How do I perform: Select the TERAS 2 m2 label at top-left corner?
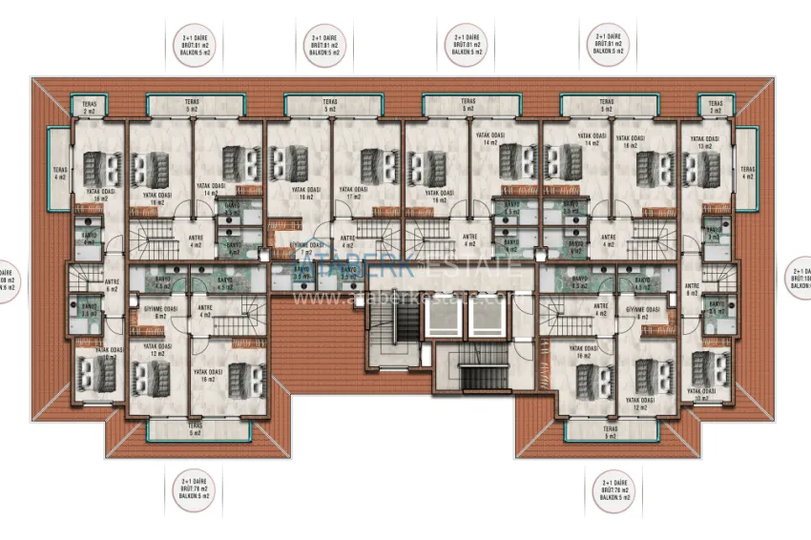(x=90, y=107)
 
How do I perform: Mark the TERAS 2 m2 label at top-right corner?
(x=716, y=107)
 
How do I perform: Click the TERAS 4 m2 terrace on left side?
(x=59, y=173)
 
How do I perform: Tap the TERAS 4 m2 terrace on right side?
(x=747, y=173)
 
